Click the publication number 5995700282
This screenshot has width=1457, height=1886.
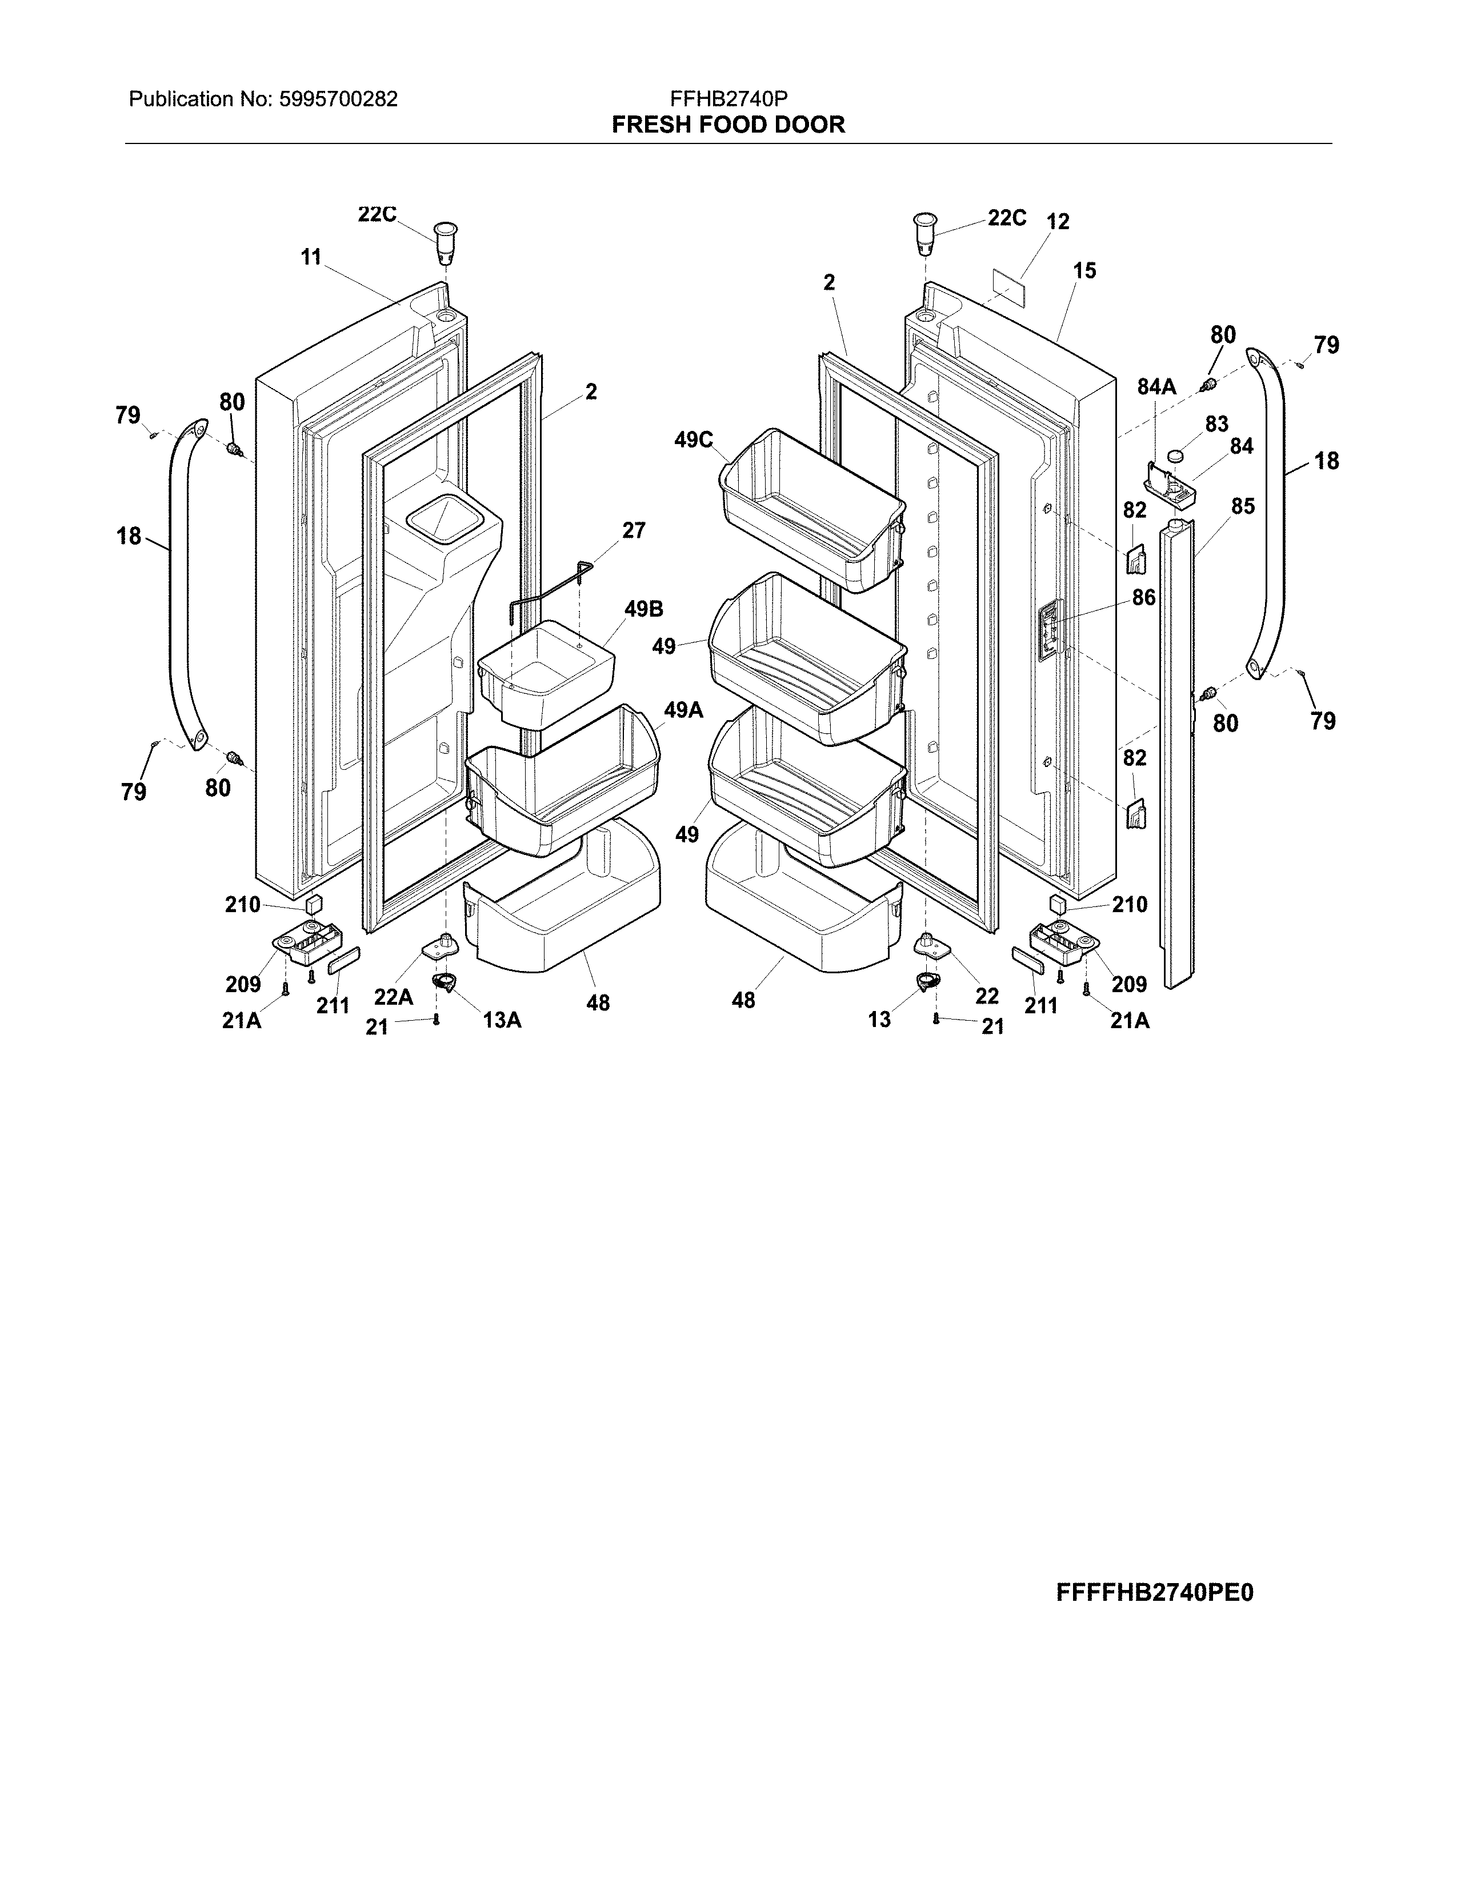coord(339,99)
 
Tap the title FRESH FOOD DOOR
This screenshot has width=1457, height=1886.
coord(728,125)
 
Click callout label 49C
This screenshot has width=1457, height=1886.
coord(694,441)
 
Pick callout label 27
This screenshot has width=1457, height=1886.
coord(634,530)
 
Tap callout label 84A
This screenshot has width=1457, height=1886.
coord(1156,387)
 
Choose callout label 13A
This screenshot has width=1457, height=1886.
coord(502,1020)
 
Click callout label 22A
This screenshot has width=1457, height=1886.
coord(394,997)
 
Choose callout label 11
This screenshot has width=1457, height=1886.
coord(311,257)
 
